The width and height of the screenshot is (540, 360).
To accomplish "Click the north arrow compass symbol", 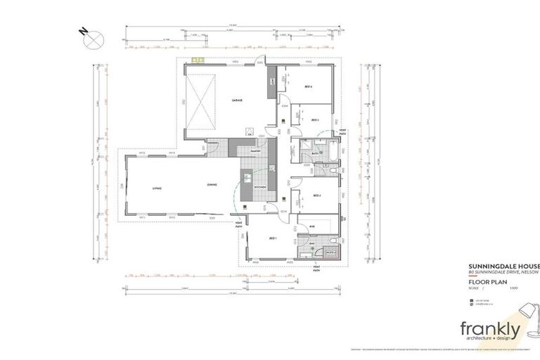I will pos(92,39).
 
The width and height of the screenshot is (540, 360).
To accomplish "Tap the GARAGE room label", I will pos(238,101).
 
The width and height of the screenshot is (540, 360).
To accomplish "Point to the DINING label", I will pos(211,186).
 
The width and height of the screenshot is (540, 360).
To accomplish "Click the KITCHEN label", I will pos(259,187).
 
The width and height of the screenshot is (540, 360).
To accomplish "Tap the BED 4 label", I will pos(308,86).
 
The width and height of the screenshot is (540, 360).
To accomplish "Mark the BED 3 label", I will pos(315,120).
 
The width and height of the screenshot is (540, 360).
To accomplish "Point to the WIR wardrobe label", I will pos(312,226).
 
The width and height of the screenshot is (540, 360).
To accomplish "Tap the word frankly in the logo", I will pos(490,328).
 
